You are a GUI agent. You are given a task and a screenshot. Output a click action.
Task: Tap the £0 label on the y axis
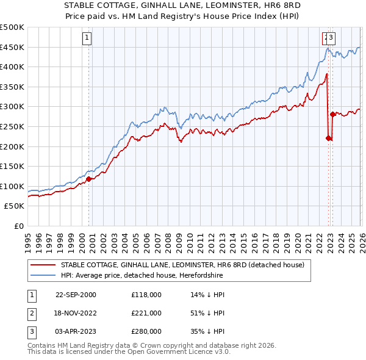[19, 226]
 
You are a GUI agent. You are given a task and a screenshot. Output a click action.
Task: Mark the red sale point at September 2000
[89, 179]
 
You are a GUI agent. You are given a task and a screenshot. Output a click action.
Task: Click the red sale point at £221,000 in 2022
[328, 138]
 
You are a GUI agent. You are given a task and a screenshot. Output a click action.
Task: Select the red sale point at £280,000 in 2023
[332, 114]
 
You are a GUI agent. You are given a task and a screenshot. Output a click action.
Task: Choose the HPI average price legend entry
[142, 276]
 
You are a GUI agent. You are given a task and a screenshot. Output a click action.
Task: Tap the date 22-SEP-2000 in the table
[76, 295]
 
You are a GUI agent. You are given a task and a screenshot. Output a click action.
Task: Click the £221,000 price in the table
[146, 313]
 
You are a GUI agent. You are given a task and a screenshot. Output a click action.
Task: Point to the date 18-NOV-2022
[76, 313]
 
